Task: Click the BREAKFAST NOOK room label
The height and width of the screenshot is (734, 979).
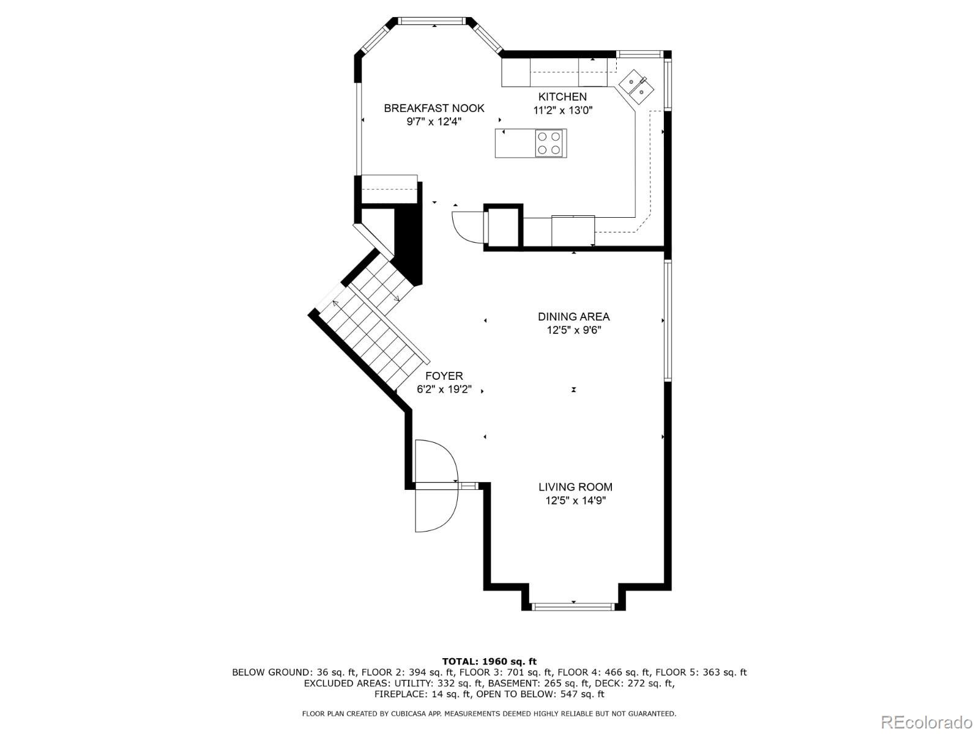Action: coord(434,108)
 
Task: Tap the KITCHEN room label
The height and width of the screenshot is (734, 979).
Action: coord(562,97)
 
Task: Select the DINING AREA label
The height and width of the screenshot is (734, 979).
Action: coord(573,317)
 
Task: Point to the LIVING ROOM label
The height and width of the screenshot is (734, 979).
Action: coord(575,487)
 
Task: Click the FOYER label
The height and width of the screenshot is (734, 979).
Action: coord(444,376)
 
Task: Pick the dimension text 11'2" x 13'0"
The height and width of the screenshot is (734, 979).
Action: coord(563,111)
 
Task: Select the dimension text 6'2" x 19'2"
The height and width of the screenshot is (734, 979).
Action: coord(444,390)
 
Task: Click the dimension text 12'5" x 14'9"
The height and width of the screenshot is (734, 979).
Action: coord(575,501)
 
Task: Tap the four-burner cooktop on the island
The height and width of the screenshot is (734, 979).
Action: coord(549,143)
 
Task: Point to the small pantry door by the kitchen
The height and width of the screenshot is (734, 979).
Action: coord(465,226)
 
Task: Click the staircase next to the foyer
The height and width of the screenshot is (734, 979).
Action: coord(367,324)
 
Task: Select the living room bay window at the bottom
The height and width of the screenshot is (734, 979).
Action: coord(573,606)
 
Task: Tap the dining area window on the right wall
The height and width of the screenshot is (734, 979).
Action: coord(668,320)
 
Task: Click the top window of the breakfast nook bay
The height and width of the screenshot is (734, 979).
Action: coord(433,21)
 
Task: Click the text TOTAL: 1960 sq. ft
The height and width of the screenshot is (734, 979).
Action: coord(489,661)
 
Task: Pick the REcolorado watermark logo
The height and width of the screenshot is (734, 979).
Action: coord(926,722)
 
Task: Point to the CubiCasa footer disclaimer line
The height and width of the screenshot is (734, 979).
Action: coord(489,714)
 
